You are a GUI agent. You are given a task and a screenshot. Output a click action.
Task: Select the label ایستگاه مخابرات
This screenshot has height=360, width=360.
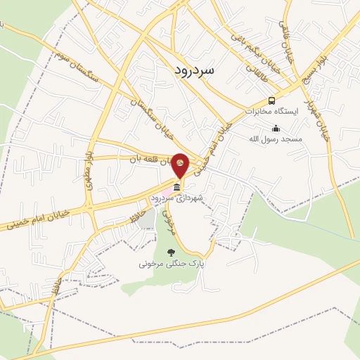271,111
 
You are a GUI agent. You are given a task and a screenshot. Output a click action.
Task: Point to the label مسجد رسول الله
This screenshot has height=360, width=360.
275,139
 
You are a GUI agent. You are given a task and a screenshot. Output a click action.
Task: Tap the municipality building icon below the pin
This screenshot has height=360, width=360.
176,188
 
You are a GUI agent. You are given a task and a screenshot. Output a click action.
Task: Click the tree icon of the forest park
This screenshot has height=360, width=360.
169,252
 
